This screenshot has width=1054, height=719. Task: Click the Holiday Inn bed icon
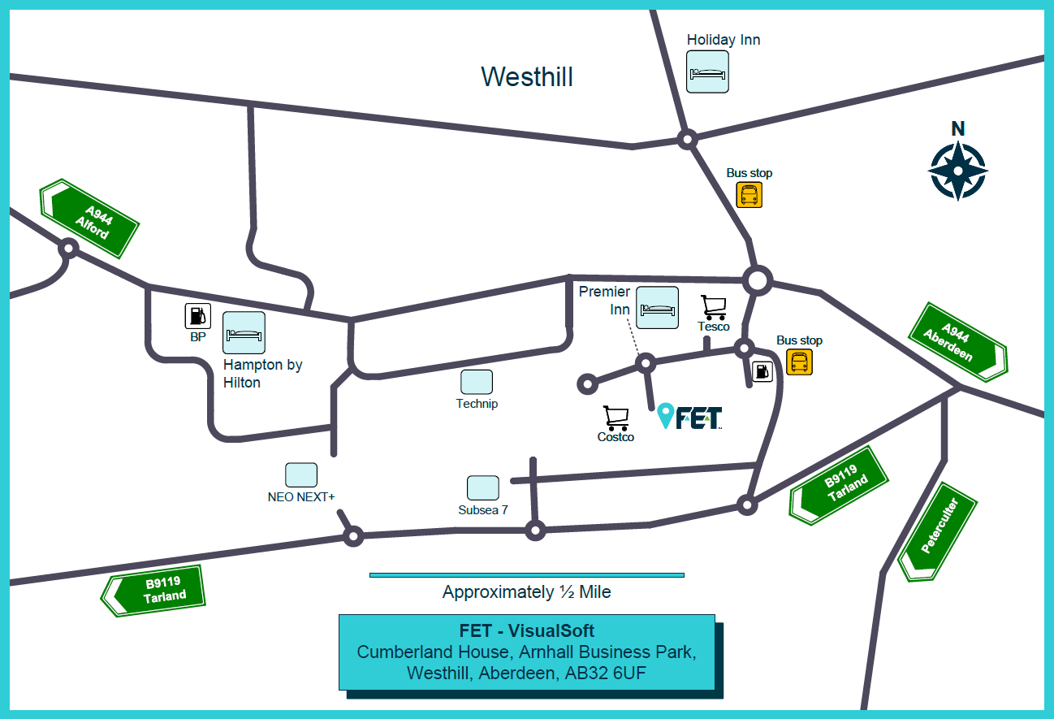(707, 72)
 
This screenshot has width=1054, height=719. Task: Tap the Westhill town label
(527, 76)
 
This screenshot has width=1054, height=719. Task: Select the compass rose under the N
(958, 171)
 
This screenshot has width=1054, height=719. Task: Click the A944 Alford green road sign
(89, 219)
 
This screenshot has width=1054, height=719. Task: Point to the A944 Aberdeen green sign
(958, 342)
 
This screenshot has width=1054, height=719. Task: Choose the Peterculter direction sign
(938, 531)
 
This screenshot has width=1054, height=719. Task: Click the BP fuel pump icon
(197, 315)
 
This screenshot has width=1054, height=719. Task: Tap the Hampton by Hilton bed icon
(244, 332)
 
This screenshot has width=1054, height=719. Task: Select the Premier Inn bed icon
(658, 307)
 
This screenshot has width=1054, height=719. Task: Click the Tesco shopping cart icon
(714, 307)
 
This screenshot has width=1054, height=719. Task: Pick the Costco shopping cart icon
(616, 418)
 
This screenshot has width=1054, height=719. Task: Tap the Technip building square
(477, 382)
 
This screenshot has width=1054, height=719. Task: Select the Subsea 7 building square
(483, 487)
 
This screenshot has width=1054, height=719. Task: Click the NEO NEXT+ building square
(301, 475)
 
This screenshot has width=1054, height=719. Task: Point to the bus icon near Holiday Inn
(749, 195)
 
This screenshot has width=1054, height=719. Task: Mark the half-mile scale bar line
(527, 575)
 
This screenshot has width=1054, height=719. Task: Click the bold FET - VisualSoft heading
(526, 630)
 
